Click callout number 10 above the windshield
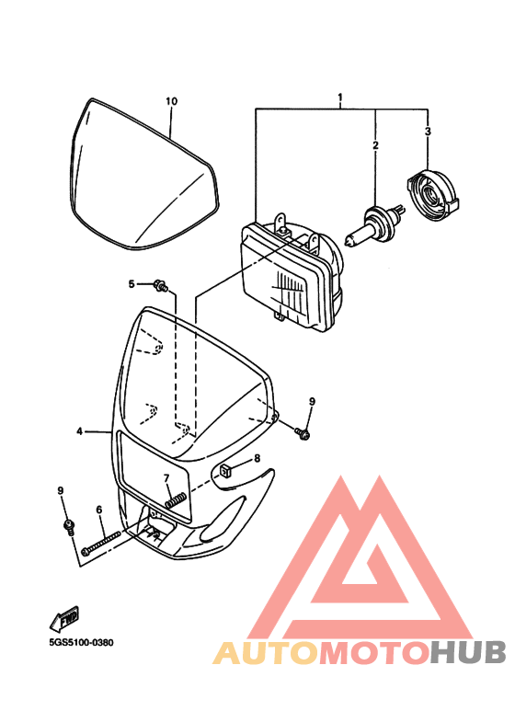pyautogui.click(x=170, y=101)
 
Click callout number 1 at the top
pyautogui.click(x=340, y=97)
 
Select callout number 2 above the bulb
pyautogui.click(x=375, y=145)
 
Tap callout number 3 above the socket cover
pyautogui.click(x=428, y=132)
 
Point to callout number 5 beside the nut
pyautogui.click(x=132, y=284)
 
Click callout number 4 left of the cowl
pyautogui.click(x=80, y=430)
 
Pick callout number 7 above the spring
pyautogui.click(x=166, y=478)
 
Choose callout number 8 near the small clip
pyautogui.click(x=257, y=458)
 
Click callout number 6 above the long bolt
pyautogui.click(x=98, y=509)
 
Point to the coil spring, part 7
pyautogui.click(x=177, y=501)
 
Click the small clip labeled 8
pyautogui.click(x=230, y=472)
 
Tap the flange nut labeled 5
pyautogui.click(x=161, y=287)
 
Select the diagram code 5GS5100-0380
pyautogui.click(x=79, y=644)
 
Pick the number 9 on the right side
pyautogui.click(x=311, y=402)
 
